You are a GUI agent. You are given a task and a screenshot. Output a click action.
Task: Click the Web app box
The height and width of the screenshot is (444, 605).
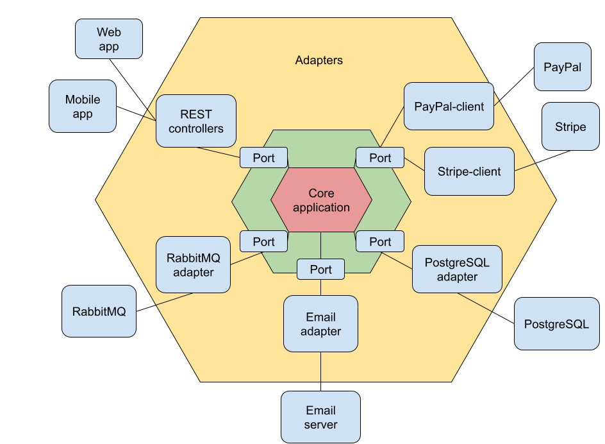point(109,38)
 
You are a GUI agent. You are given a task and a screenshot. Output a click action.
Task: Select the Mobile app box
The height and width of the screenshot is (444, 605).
point(83,106)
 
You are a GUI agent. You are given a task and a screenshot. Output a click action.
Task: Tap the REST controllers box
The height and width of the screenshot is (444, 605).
point(196,121)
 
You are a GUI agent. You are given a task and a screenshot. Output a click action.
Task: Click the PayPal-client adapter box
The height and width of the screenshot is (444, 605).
point(449,106)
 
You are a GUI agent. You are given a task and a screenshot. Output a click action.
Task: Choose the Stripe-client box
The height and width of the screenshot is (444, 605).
point(469,171)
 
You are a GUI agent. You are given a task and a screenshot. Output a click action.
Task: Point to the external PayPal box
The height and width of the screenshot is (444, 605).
point(562,67)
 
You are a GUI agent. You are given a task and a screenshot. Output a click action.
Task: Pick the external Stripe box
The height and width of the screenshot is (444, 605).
point(570,126)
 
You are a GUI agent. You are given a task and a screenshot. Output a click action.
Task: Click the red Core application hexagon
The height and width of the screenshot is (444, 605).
point(321,200)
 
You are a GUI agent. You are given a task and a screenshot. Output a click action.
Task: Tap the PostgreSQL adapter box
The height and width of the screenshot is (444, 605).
point(457,269)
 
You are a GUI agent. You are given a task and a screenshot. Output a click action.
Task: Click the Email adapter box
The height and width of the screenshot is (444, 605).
point(320,323)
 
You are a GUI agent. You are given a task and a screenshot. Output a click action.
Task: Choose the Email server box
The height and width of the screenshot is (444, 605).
point(320,417)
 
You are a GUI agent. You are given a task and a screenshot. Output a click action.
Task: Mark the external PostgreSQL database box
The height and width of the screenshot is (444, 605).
point(556,324)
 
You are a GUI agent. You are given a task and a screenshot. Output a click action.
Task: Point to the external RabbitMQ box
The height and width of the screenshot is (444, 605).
point(99,311)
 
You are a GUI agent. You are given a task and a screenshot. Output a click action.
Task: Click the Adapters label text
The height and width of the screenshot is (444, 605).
point(319,60)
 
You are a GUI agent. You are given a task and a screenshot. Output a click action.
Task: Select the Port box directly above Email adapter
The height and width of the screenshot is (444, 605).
point(320,269)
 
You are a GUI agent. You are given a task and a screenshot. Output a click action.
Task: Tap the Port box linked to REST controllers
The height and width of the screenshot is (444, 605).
point(263,158)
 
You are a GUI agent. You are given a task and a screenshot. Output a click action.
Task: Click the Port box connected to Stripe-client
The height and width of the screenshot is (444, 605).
point(379,158)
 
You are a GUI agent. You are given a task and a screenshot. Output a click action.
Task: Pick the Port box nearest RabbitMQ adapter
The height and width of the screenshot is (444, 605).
point(263,241)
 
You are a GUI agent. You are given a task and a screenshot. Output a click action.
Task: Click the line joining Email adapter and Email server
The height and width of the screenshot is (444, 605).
point(320,371)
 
